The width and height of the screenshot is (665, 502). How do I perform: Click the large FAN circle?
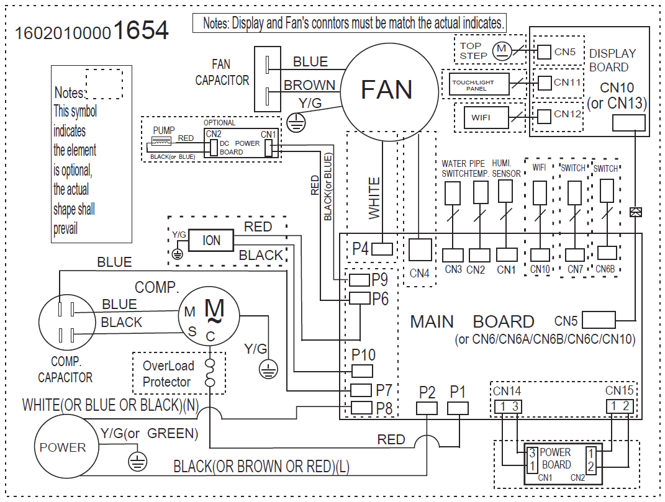(x=386, y=91)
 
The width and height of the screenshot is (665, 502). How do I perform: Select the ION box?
(x=211, y=240)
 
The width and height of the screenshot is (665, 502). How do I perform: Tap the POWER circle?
(x=63, y=447)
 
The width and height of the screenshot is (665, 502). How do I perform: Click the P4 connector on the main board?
(x=381, y=249)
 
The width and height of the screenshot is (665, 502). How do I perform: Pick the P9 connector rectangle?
(x=359, y=280)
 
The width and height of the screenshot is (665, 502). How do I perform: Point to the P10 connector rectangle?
(x=361, y=371)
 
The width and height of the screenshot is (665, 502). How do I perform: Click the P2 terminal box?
(x=427, y=408)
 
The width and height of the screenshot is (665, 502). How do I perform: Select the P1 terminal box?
(x=458, y=408)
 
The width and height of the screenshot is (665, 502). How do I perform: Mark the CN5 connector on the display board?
(x=544, y=52)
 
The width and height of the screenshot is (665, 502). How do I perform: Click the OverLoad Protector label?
(x=168, y=374)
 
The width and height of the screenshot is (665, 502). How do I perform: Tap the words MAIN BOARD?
(x=472, y=321)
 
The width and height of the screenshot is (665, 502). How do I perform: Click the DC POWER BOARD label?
(x=232, y=148)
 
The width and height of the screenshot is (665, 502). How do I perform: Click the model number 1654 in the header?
(x=142, y=30)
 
